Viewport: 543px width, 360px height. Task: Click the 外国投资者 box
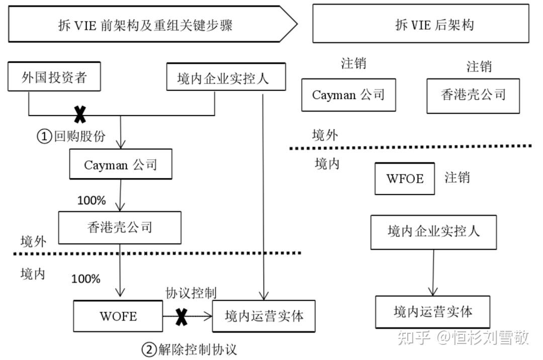[54, 78]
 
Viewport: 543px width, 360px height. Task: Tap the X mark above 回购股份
[80, 115]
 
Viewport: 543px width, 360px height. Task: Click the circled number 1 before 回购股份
[45, 136]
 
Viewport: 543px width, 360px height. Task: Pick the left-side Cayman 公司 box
[121, 165]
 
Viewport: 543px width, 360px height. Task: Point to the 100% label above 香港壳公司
[92, 201]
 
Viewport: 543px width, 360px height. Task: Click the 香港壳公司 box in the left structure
[120, 227]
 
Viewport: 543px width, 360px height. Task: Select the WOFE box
[118, 316]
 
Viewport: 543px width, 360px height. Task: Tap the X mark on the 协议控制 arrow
[181, 316]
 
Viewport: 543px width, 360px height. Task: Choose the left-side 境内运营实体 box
[264, 316]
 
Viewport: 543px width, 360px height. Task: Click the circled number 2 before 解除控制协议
[149, 348]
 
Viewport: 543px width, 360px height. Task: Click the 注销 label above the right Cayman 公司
[353, 64]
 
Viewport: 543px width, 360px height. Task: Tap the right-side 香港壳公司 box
[473, 95]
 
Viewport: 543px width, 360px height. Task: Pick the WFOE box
[405, 178]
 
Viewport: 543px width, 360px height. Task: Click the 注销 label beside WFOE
[458, 177]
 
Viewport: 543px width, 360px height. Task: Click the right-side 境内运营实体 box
[433, 312]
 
